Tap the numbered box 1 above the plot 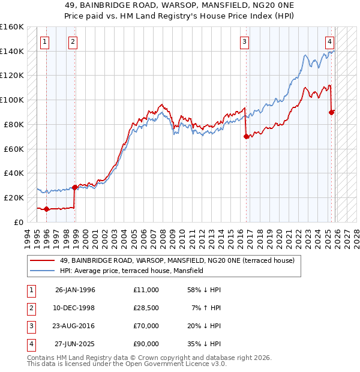[x=46, y=42]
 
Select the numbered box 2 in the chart [x=73, y=42]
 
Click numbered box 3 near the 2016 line [x=245, y=42]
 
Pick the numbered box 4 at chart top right [x=330, y=42]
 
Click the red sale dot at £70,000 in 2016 [x=246, y=136]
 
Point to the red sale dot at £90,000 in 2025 [x=332, y=112]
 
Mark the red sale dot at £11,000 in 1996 [x=47, y=209]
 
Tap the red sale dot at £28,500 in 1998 [x=75, y=187]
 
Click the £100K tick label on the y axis [x=12, y=100]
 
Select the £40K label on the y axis [x=14, y=173]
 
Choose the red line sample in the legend [x=43, y=261]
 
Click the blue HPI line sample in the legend [x=43, y=271]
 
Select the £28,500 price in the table [x=146, y=308]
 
